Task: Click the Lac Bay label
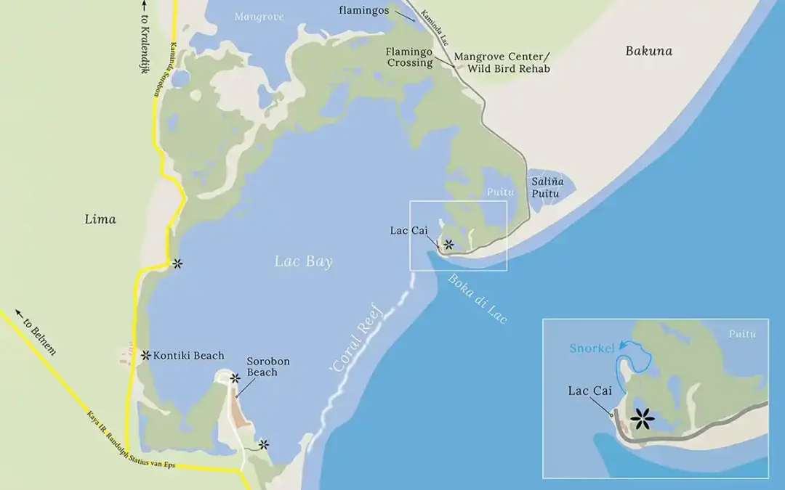pyautogui.click(x=303, y=262)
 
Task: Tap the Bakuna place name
pyautogui.click(x=648, y=51)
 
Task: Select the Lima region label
pyautogui.click(x=100, y=219)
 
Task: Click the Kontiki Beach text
pyautogui.click(x=189, y=356)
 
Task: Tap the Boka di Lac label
pyautogui.click(x=477, y=298)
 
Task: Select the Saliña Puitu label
pyautogui.click(x=549, y=188)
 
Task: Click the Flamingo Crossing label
pyautogui.click(x=409, y=57)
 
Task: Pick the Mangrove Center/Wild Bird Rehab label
pyautogui.click(x=502, y=62)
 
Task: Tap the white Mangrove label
pyautogui.click(x=259, y=15)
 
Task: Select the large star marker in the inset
pyautogui.click(x=643, y=418)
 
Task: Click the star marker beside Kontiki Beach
pyautogui.click(x=146, y=355)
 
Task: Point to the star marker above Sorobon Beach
pyautogui.click(x=235, y=378)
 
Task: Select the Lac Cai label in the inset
pyautogui.click(x=589, y=391)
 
